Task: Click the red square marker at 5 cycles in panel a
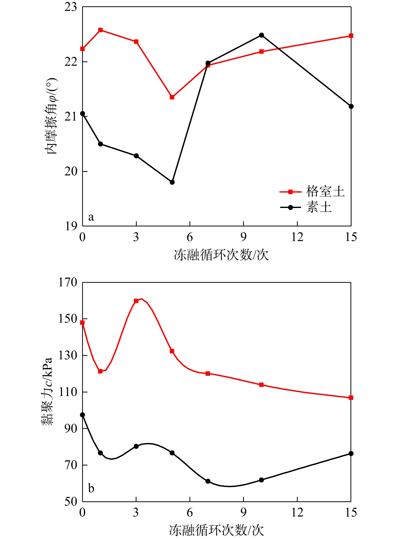tap(172, 97)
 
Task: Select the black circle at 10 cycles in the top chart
tap(262, 35)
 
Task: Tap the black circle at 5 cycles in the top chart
tap(172, 182)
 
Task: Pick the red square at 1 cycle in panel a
tap(100, 30)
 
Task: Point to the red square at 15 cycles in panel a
tap(351, 36)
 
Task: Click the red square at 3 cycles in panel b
tap(136, 301)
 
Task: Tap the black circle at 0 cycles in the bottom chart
tap(82, 415)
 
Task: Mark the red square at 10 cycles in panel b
tap(262, 385)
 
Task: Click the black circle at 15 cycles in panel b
tap(351, 454)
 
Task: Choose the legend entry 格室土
tap(325, 192)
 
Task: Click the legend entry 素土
tap(319, 207)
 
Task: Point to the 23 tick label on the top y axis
tap(71, 7)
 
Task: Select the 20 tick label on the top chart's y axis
tap(71, 172)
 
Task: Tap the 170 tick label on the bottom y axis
tap(67, 283)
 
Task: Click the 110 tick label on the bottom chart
tap(67, 392)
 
